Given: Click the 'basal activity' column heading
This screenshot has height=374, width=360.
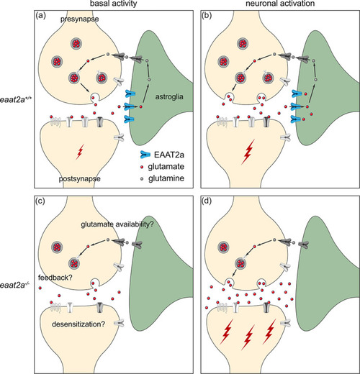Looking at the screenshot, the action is tap(114, 4).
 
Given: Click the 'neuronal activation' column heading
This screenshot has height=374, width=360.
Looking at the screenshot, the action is tap(280, 4).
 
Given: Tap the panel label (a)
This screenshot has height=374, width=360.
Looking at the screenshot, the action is tap(40, 16).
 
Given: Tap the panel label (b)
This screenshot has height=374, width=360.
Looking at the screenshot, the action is tap(207, 16).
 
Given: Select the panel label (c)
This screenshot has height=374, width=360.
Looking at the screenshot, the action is tap(40, 201).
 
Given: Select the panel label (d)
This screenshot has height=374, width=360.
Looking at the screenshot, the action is tap(207, 201).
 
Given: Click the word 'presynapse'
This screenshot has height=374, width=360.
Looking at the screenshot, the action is tap(79, 19).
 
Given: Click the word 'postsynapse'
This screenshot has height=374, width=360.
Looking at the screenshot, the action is tap(80, 179).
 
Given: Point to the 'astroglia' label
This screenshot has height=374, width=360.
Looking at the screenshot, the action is tap(169, 97).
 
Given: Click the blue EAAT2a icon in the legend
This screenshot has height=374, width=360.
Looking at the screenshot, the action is tap(145, 155).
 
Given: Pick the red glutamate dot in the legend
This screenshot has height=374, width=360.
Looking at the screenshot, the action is tap(142, 167).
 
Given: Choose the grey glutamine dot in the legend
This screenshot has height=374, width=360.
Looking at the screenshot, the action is tap(142, 179).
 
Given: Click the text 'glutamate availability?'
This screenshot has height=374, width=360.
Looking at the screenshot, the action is tap(117, 224).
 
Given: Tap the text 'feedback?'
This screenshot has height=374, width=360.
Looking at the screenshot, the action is tap(55, 278).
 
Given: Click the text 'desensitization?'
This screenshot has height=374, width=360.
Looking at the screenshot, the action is tap(78, 324).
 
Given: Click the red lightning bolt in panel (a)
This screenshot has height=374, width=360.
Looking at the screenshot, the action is tap(80, 152).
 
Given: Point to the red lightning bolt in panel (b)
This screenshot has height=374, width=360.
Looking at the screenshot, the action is tap(248, 152).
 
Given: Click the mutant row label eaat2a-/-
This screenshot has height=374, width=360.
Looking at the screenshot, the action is tap(14, 285).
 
